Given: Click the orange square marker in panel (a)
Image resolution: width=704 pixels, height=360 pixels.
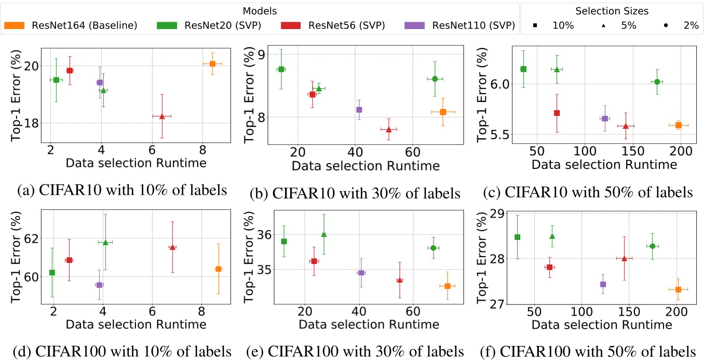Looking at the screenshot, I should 212,63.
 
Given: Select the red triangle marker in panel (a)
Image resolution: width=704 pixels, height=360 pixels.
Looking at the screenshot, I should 162,116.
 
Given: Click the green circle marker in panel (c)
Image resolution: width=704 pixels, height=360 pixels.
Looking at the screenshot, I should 657,82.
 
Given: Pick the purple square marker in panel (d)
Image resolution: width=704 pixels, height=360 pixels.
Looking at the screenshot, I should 99,285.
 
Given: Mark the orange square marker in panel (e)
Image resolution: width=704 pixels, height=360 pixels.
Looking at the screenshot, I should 447,286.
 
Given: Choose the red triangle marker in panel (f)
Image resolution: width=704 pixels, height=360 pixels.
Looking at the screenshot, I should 624,258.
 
